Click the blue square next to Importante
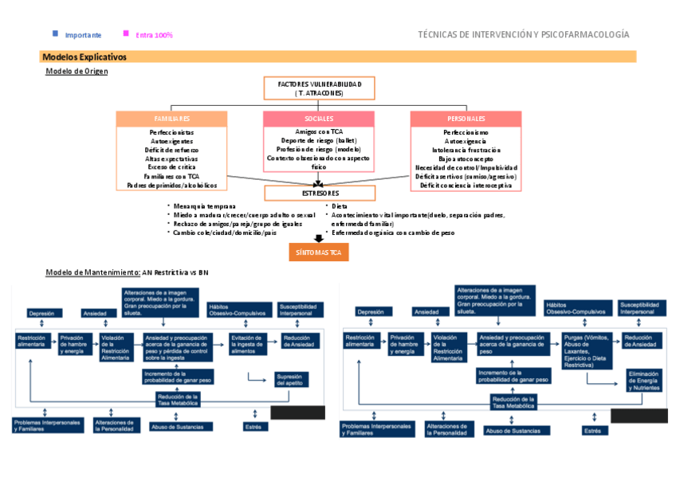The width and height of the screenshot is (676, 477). (x=55, y=33)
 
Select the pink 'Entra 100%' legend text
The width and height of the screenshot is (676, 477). (x=154, y=35)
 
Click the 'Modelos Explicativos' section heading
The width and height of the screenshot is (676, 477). (x=84, y=57)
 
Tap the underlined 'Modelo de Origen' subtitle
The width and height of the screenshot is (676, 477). (x=77, y=72)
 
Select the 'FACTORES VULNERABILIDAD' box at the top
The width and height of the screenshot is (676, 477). (x=319, y=88)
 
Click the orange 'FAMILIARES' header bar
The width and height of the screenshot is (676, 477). (x=171, y=119)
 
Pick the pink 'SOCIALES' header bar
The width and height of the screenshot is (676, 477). (x=319, y=119)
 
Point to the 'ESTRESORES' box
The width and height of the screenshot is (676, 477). (x=319, y=194)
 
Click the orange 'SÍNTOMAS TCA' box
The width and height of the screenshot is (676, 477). (x=318, y=252)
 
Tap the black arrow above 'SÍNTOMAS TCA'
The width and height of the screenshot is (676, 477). (x=319, y=238)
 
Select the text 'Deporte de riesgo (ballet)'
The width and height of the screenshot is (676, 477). (x=319, y=140)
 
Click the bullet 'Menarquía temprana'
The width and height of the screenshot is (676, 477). (x=204, y=206)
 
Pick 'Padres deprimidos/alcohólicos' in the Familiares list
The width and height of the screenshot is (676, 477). (x=171, y=186)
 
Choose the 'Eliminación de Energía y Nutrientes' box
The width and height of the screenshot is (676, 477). (x=643, y=381)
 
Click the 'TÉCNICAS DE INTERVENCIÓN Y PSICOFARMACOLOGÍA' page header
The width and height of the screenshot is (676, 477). (x=523, y=35)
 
